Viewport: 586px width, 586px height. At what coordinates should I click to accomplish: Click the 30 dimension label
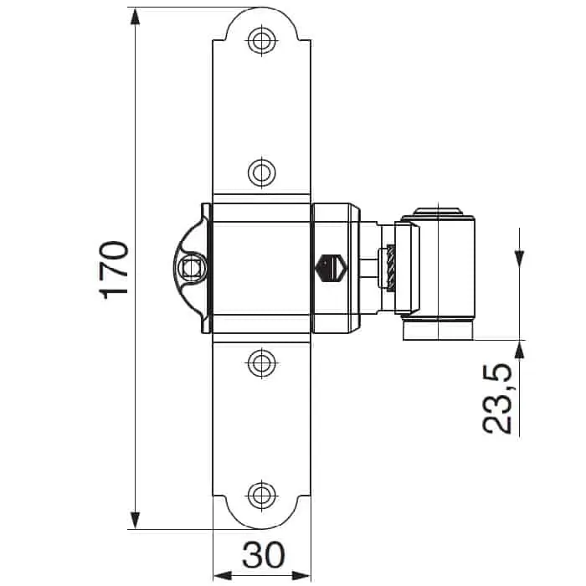click(x=263, y=554)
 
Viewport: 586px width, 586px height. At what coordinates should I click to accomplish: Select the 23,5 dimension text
click(x=497, y=398)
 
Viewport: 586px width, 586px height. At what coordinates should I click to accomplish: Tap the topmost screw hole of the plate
click(x=261, y=39)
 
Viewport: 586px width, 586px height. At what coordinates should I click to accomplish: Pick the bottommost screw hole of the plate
click(x=261, y=495)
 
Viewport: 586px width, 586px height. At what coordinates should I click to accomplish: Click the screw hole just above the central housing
click(x=261, y=172)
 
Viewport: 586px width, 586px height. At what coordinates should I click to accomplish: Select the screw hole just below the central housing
click(x=261, y=362)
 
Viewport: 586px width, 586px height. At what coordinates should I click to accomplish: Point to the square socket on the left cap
click(x=191, y=268)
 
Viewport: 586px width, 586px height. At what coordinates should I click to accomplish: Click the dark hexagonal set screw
click(x=332, y=268)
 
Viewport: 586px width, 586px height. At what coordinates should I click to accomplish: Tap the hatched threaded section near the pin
click(x=391, y=269)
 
